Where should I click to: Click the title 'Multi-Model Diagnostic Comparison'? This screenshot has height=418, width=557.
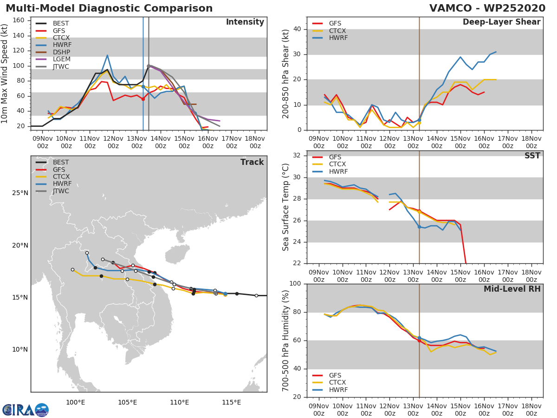pos(109,8)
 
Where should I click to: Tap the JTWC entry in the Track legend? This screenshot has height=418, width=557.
pos(61,191)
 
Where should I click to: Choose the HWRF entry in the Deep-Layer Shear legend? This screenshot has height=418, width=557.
pos(338,38)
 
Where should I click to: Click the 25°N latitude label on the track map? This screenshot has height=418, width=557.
pos(20,193)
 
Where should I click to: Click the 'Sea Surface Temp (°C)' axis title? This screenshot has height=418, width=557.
pos(286,207)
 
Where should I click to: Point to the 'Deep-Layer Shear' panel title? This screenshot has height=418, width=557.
pos(501,22)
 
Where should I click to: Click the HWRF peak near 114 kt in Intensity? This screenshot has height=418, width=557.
pos(107,55)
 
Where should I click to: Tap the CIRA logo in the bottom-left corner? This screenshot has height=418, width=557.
pos(26,410)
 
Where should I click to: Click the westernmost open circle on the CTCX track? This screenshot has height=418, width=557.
pos(72,269)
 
